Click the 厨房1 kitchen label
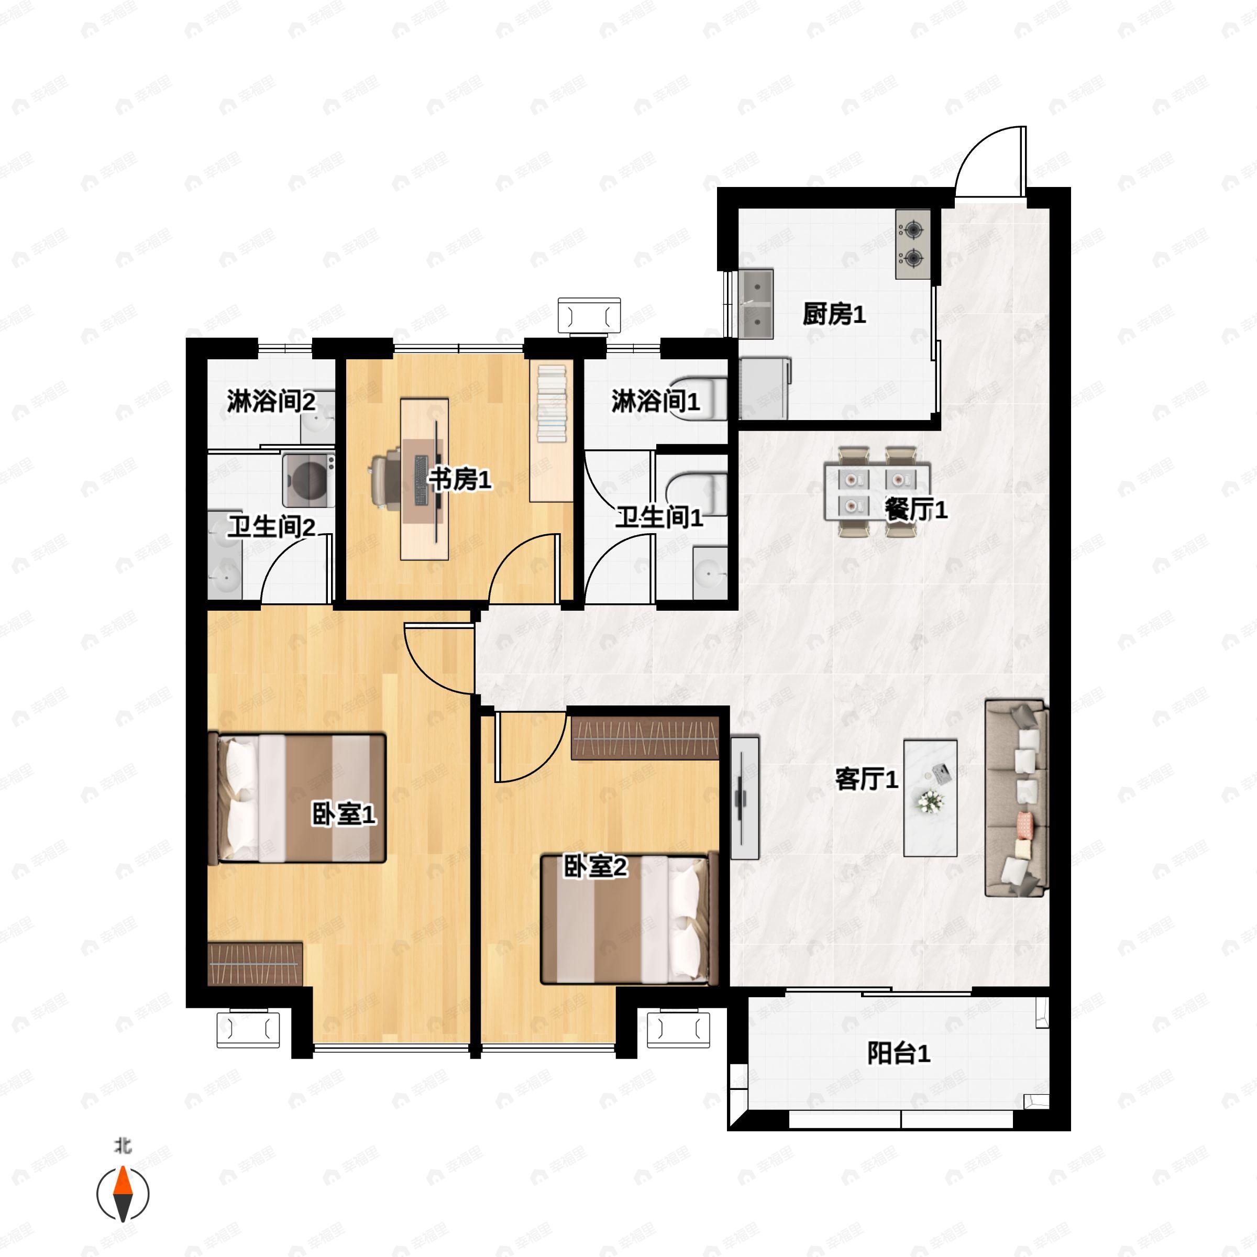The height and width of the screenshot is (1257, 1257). point(834,315)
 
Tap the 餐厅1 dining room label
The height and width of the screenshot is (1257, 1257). point(916,510)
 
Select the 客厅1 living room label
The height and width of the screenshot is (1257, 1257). point(867,779)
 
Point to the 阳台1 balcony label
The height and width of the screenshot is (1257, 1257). point(899,1053)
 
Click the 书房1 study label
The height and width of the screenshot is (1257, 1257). point(459,480)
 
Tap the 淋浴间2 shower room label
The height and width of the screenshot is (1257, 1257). point(271,401)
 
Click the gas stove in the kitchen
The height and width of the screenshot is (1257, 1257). point(913,244)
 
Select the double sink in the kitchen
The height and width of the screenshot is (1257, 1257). point(756,304)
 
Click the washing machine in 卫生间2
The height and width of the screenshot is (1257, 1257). point(308,481)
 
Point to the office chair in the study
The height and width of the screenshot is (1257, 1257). point(389,480)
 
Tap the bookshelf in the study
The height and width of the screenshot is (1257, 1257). point(551,432)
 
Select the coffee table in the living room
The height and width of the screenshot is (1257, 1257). point(930,798)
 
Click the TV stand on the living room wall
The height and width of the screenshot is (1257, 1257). point(745,798)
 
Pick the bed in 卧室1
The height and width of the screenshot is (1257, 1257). point(297,798)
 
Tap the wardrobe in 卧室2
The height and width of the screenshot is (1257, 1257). point(645,738)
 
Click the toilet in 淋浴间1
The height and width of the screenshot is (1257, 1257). point(698,398)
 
